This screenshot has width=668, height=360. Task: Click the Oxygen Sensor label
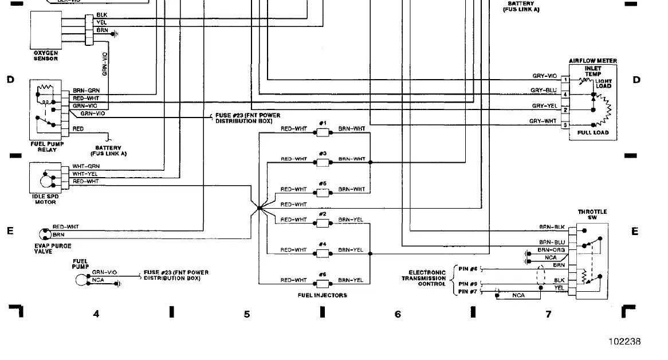pos(45,56)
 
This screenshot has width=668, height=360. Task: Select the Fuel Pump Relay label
pos(47,147)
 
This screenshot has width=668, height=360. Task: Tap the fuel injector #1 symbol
pos(323,132)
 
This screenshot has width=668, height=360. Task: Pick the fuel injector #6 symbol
pos(323,284)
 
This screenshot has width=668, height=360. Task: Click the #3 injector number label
pos(323,154)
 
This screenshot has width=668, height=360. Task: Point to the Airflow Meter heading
pos(592,61)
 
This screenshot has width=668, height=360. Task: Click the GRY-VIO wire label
pos(544,76)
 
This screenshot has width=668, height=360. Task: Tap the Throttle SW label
pos(592,214)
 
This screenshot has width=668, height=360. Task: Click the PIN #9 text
pos(468,284)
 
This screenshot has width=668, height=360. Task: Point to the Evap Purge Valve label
pos(53,248)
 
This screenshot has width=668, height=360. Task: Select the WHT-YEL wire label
pos(85,174)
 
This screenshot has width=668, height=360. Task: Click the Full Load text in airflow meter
pos(593,133)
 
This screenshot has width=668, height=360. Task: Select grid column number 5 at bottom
pos(247,314)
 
